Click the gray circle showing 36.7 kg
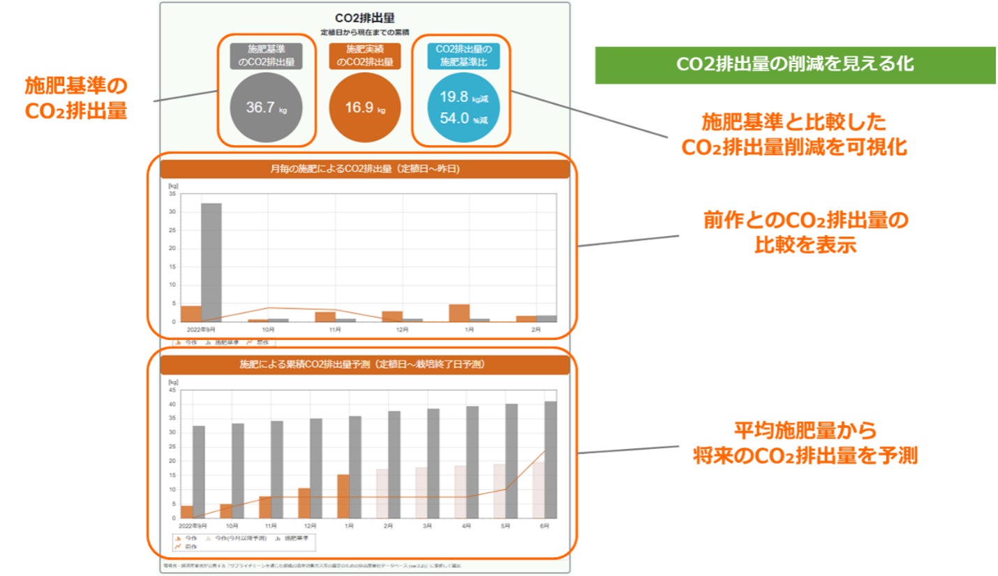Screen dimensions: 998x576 pos(267,108)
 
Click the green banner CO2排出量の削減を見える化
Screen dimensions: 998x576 pos(795,65)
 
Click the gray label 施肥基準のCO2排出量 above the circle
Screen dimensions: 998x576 pos(267,56)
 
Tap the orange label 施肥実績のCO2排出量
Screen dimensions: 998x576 pos(365,56)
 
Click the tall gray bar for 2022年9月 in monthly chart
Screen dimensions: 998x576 pos(211,262)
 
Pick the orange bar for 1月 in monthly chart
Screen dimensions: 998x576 pos(459,313)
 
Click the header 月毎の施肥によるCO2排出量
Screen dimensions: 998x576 pos(365,170)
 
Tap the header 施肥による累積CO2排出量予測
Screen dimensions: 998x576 pos(365,364)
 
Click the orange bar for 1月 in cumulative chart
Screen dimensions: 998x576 pos(343,496)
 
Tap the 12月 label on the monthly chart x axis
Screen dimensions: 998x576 pos(402,329)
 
